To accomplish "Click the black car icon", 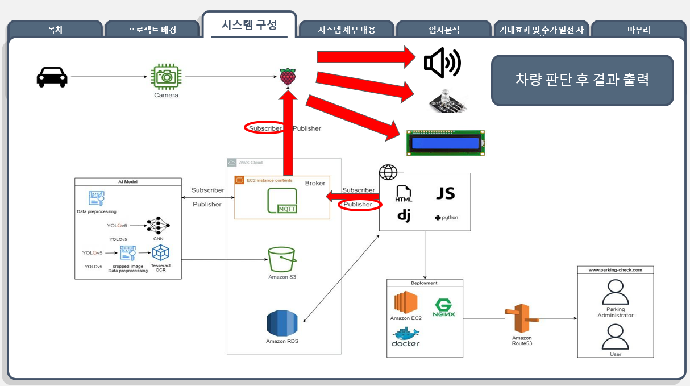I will tap(52, 77).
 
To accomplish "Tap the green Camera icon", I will tap(166, 77).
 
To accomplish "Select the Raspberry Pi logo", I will tap(288, 76).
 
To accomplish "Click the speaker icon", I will tap(442, 62).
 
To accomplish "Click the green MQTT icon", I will tap(282, 201).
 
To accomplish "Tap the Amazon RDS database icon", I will tap(282, 323).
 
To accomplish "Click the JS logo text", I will tap(445, 193).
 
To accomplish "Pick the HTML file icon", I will tap(404, 194).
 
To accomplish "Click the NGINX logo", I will tap(443, 308).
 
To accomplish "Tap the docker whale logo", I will tap(405, 337).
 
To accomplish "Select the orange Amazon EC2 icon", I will tap(406, 302).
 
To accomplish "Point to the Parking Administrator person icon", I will tap(615, 294).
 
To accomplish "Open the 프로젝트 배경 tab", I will tap(152, 30).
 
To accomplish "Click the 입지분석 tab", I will tap(444, 30).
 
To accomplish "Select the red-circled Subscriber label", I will tap(265, 128).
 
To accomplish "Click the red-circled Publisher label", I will tap(359, 205).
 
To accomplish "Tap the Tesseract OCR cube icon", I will tap(161, 252).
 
